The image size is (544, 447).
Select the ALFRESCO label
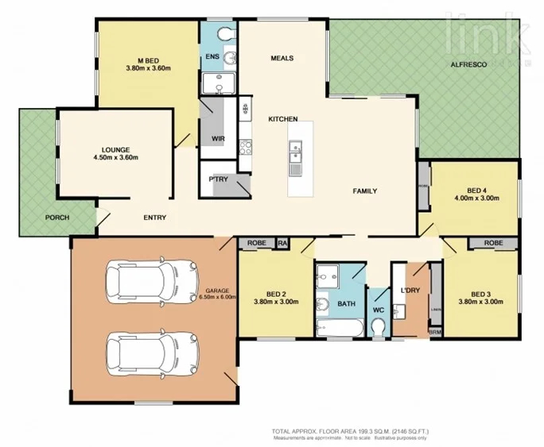(468, 64)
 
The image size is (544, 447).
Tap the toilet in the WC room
(379, 327)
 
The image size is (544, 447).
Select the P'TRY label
(218, 179)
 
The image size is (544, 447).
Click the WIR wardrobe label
(217, 139)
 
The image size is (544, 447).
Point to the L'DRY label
(410, 291)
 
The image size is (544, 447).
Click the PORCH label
(56, 218)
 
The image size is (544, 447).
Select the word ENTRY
(154, 218)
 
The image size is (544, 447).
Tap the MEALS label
(282, 58)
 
